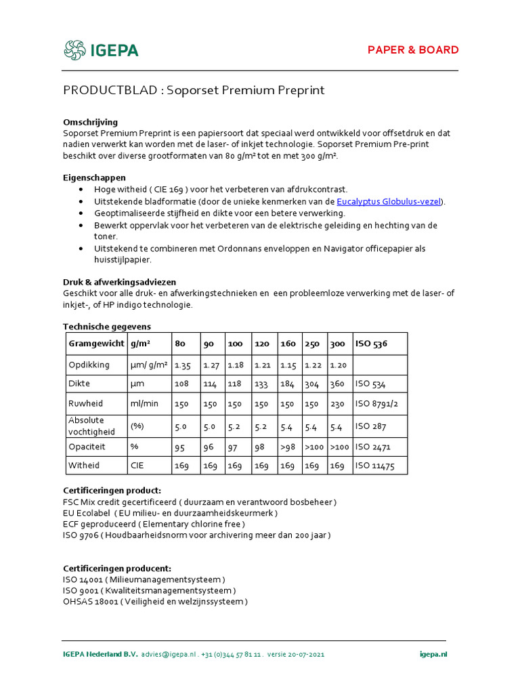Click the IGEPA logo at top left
pyautogui.click(x=101, y=50)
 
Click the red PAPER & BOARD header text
pyautogui.click(x=412, y=50)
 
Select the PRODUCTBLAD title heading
pyautogui.click(x=194, y=91)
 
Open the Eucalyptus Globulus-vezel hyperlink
pyautogui.click(x=388, y=201)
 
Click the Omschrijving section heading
pyautogui.click(x=90, y=122)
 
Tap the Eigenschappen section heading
pyautogui.click(x=94, y=178)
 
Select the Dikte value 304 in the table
pyautogui.click(x=311, y=384)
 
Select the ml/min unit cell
pyautogui.click(x=144, y=403)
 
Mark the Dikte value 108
pyautogui.click(x=181, y=384)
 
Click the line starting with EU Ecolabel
pyautogui.click(x=170, y=513)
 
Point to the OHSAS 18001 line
pyautogui.click(x=155, y=601)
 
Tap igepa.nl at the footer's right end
pyautogui.click(x=433, y=654)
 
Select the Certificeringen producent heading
pyautogui.click(x=117, y=568)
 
